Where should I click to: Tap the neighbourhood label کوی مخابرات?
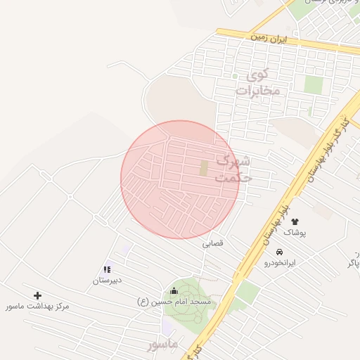tap(257, 83)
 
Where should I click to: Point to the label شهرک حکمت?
tap(234, 169)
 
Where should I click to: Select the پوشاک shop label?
tap(295, 233)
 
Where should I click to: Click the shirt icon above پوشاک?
tap(295, 222)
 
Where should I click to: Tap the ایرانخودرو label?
tap(280, 263)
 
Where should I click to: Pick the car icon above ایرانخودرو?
tap(280, 252)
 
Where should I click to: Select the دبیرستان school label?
tap(108, 281)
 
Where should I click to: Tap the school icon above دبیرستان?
tap(108, 269)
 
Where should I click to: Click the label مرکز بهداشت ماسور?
tap(37, 307)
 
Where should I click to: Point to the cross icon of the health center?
tap(37, 296)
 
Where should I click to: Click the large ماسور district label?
tap(163, 345)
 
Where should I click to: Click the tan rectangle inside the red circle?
tap(204, 169)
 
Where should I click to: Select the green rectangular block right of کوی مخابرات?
tap(314, 85)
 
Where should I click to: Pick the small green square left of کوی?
tap(235, 76)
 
